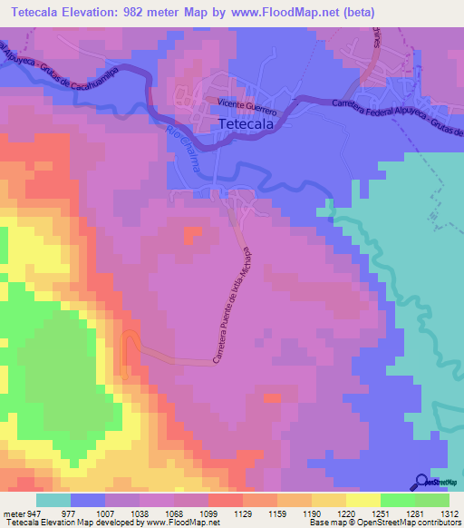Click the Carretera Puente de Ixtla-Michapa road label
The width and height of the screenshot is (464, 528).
point(231,305)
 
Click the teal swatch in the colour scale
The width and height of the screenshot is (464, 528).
point(53,500)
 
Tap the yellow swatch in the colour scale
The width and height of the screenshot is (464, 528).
point(362,500)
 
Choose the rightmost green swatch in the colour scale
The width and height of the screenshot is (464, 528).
point(432,500)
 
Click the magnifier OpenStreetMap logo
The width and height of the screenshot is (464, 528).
point(421,482)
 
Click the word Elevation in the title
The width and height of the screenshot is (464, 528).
point(107,10)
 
